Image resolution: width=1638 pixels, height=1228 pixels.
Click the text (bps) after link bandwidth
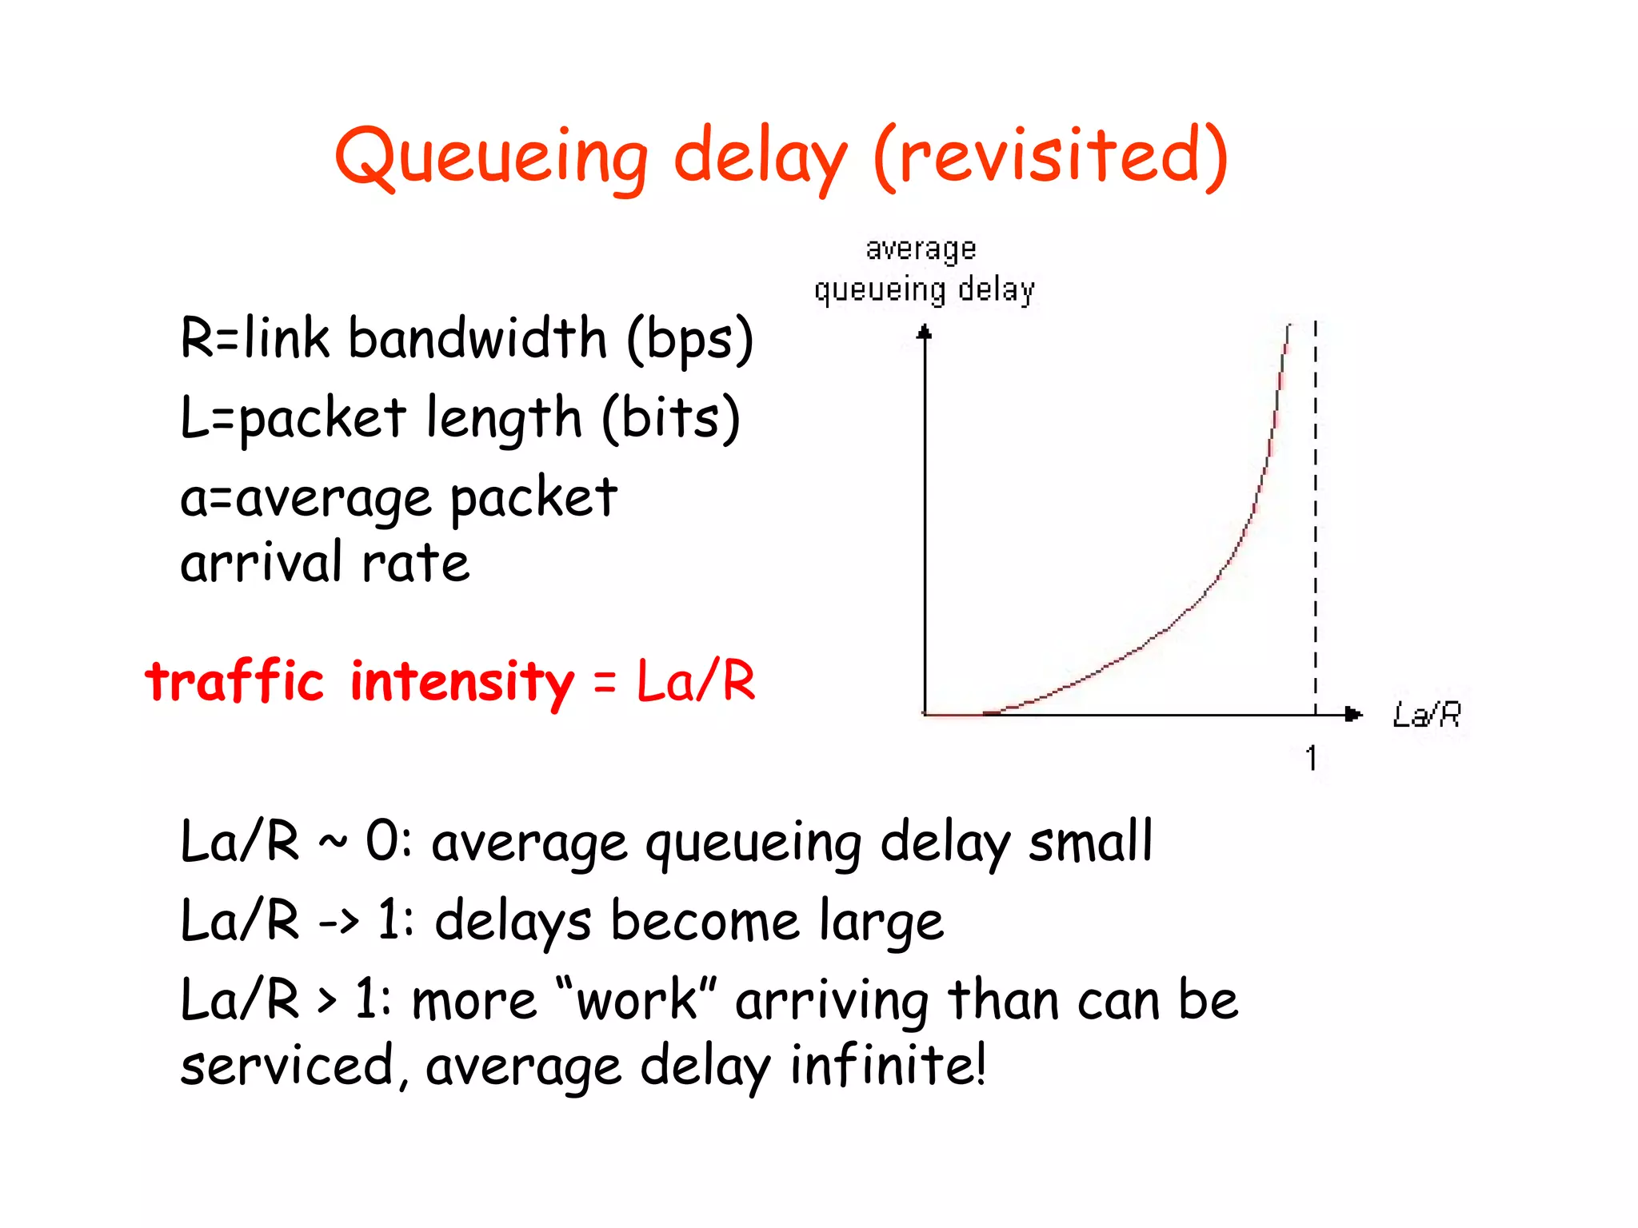coord(689,339)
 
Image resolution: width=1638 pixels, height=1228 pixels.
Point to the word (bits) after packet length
coord(670,418)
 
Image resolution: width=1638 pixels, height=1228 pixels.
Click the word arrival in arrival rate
coord(261,562)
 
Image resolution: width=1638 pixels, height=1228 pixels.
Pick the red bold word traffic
coord(234,681)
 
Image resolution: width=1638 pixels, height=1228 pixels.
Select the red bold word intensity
coord(462,682)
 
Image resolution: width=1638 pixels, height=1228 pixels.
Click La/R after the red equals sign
coord(695,681)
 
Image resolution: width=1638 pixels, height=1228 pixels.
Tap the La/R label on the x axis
coord(1426,714)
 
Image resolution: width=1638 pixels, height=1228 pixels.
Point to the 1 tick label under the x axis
coord(1311,757)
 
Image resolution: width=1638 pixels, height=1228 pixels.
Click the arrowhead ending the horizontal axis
coord(1353,714)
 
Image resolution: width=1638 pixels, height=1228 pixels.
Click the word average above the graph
coord(921,249)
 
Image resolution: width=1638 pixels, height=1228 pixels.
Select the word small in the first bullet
coord(1090,841)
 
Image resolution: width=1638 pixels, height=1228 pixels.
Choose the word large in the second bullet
coord(881,921)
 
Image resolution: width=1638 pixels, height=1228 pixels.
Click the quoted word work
coord(637,1000)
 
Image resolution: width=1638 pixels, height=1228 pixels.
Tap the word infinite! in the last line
coord(888,1065)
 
